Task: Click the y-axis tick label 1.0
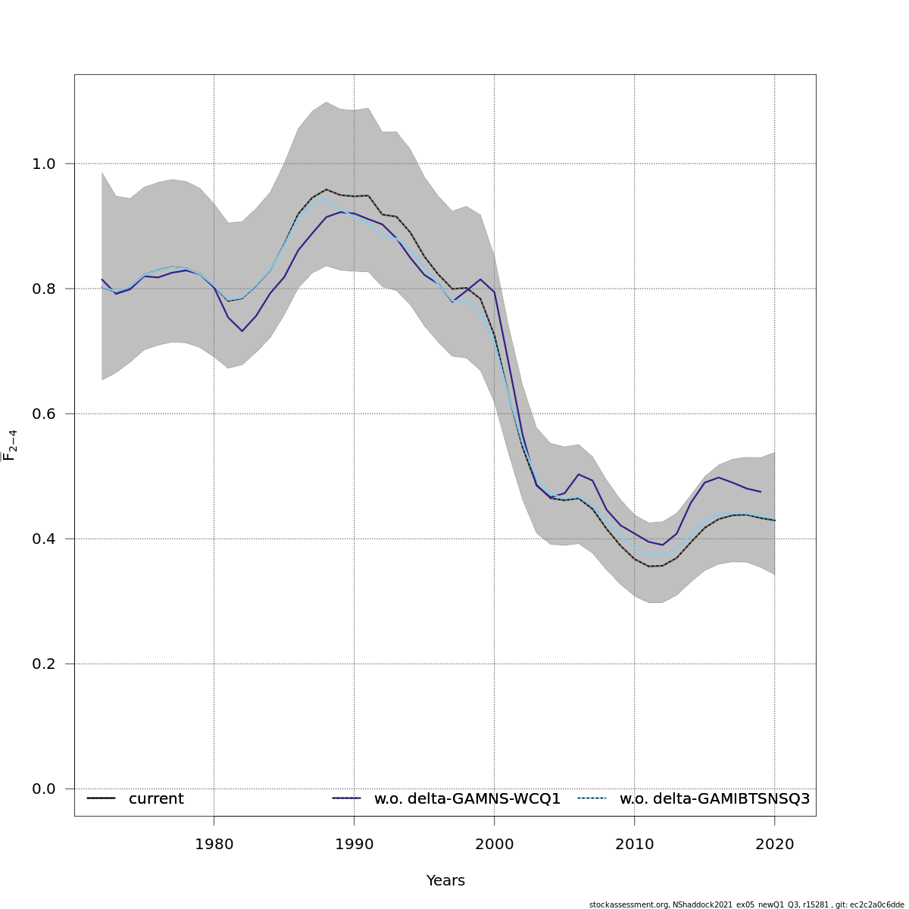[x=45, y=164]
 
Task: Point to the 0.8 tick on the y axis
[x=45, y=289]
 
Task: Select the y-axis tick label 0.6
[x=45, y=414]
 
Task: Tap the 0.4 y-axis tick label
[x=45, y=539]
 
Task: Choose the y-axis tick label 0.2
[x=45, y=664]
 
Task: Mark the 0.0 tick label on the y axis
[x=45, y=789]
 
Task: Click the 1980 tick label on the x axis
[x=214, y=844]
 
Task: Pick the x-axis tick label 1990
[x=354, y=844]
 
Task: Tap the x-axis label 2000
[x=494, y=844]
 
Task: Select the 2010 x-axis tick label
[x=634, y=844]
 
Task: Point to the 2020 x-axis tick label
[x=774, y=844]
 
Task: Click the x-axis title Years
[x=445, y=881]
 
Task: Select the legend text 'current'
[x=156, y=799]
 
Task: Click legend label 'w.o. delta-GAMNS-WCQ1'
[x=467, y=799]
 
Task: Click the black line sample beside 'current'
[x=101, y=798]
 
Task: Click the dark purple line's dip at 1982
[x=242, y=331]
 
